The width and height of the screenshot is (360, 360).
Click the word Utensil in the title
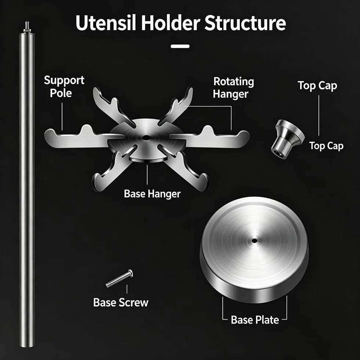pyautogui.click(x=106, y=23)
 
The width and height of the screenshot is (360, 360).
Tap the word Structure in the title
pyautogui.click(x=245, y=23)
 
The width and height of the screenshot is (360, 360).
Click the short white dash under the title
pyautogui.click(x=180, y=46)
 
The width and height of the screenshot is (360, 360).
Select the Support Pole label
pyautogui.click(x=64, y=87)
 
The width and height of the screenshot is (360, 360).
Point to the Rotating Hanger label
pyautogui.click(x=233, y=88)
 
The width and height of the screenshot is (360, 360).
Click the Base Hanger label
pyautogui.click(x=152, y=194)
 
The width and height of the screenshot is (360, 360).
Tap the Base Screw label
pyautogui.click(x=121, y=302)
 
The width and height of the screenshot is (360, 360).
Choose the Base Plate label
pyautogui.click(x=255, y=320)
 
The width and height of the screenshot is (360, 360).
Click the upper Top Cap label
pyautogui.click(x=317, y=86)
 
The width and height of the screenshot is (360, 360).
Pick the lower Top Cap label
pyautogui.click(x=326, y=146)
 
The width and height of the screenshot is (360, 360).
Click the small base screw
pyautogui.click(x=119, y=278)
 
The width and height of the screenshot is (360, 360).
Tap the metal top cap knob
pyautogui.click(x=287, y=138)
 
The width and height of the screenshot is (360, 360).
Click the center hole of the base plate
pyautogui.click(x=254, y=241)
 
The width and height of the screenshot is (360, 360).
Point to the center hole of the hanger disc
pyautogui.click(x=145, y=138)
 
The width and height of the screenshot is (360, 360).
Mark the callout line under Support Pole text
pyautogui.click(x=62, y=117)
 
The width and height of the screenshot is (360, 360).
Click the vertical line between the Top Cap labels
pyautogui.click(x=319, y=115)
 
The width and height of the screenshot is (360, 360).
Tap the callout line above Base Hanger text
pyautogui.click(x=147, y=174)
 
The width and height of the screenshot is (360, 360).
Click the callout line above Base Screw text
pyautogui.click(x=127, y=289)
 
